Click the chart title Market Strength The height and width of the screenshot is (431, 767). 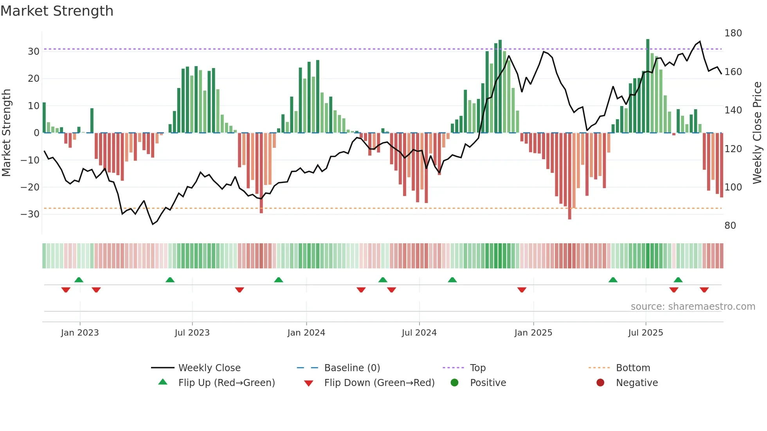pos(57,11)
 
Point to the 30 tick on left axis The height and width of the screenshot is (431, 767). pos(33,52)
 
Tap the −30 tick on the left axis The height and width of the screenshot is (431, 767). pos(30,214)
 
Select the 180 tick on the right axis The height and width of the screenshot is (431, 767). pos(733,33)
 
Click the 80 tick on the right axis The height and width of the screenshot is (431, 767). pos(730,226)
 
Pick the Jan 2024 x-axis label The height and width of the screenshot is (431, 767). pos(306,333)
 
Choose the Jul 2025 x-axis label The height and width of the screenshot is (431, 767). pos(645,333)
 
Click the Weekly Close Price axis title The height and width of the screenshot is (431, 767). pos(757,133)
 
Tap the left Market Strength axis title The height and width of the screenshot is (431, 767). pos(6,133)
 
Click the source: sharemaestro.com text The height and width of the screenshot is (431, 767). pos(693,307)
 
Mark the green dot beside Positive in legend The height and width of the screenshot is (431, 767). pos(454,383)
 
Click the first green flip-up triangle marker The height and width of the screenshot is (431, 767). pos(79,280)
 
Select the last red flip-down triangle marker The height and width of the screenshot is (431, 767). pos(704,290)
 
